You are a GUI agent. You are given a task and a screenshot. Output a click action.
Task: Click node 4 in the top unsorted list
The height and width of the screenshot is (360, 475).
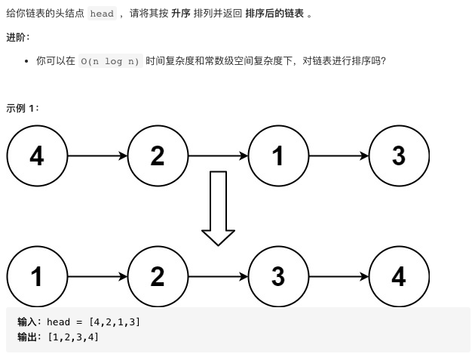tap(37, 156)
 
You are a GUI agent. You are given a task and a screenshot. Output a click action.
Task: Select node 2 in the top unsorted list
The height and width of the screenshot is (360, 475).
tap(158, 156)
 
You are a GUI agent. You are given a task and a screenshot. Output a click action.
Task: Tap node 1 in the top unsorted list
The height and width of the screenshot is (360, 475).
tap(278, 156)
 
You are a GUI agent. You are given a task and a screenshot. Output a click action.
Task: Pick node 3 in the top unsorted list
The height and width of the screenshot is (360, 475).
tap(399, 156)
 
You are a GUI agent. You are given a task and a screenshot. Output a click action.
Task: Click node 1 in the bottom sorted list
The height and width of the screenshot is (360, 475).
tap(37, 277)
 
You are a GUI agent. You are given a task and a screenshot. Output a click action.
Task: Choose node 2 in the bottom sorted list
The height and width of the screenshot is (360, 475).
tap(158, 277)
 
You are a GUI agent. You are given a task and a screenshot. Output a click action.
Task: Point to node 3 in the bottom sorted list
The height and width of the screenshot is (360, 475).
tap(278, 277)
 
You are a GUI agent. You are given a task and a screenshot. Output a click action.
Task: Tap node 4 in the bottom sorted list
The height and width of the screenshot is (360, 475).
tap(399, 277)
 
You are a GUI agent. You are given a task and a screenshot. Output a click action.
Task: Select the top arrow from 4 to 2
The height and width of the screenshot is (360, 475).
tap(97, 156)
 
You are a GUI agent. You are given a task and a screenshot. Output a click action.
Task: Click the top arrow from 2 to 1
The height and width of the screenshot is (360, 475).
tap(218, 156)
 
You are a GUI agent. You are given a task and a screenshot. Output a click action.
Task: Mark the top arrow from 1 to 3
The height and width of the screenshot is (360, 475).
tap(339, 156)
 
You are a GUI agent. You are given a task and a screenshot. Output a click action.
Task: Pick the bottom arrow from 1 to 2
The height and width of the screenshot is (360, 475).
tap(97, 277)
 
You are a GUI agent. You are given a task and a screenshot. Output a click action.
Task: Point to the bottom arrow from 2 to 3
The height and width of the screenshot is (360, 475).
tap(218, 277)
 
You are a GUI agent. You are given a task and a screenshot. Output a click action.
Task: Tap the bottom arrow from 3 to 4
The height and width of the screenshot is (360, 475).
tap(339, 277)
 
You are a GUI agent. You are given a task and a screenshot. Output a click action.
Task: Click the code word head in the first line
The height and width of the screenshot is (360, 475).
tap(102, 14)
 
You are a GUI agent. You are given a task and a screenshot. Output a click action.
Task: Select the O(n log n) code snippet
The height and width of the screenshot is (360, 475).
tap(110, 61)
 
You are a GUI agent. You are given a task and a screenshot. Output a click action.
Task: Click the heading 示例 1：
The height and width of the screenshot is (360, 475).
tap(23, 108)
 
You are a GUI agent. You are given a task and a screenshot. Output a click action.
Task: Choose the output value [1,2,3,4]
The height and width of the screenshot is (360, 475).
tap(72, 337)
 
